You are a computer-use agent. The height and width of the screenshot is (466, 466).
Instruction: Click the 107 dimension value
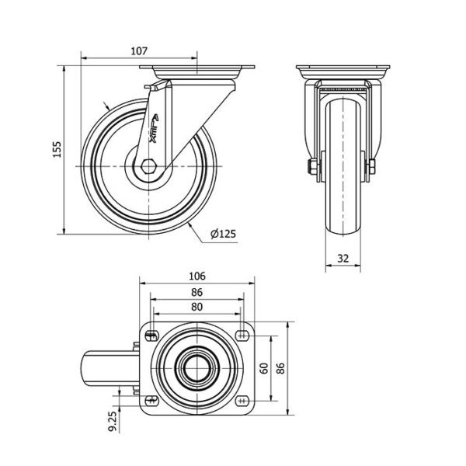click(139, 51)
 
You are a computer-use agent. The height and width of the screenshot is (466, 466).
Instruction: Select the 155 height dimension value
click(57, 149)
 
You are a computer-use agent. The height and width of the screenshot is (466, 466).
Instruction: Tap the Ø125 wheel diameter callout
click(223, 234)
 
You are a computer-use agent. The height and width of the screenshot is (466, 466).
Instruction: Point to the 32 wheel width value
click(343, 259)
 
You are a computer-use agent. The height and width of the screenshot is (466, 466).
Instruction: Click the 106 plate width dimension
click(197, 276)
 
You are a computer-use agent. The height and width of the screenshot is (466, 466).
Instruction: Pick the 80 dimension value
click(196, 307)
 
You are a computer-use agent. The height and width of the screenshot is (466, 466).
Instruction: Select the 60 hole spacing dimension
click(264, 368)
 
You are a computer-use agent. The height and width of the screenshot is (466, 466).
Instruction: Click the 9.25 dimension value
click(113, 422)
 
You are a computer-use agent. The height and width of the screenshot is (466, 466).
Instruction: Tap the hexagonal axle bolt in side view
click(148, 166)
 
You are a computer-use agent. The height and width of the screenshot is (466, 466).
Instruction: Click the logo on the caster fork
click(155, 128)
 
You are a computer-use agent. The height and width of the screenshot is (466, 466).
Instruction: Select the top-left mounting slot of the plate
click(152, 336)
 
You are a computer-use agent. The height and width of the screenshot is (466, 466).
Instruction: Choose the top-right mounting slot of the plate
click(242, 336)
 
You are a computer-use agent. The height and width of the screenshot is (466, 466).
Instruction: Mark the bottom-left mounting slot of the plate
click(152, 401)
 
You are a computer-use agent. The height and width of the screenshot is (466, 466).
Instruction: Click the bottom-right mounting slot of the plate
click(242, 401)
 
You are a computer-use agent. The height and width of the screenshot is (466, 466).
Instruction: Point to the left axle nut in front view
click(312, 167)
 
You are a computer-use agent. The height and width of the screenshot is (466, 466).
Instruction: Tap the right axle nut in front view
click(372, 167)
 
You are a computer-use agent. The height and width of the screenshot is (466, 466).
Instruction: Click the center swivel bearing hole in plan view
click(197, 368)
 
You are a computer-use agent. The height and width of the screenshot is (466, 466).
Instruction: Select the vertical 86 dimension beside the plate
click(280, 368)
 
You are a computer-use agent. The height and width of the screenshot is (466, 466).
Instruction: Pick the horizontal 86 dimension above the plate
click(196, 293)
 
